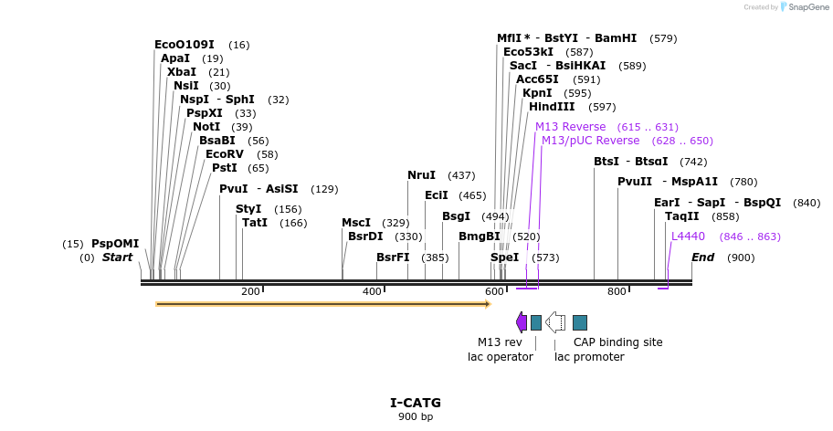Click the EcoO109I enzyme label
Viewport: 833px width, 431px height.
pyautogui.click(x=184, y=45)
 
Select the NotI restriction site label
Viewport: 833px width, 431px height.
pyautogui.click(x=206, y=127)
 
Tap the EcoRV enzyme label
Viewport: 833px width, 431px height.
pyautogui.click(x=224, y=154)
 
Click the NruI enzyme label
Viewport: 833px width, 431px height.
pyautogui.click(x=421, y=175)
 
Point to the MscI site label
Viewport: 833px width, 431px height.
pyautogui.click(x=356, y=223)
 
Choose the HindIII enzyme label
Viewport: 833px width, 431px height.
pyautogui.click(x=552, y=107)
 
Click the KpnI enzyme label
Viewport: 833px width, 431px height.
pyautogui.click(x=537, y=93)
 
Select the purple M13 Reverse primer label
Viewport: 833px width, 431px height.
pyautogui.click(x=570, y=127)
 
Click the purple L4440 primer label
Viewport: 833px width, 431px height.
pyautogui.click(x=688, y=237)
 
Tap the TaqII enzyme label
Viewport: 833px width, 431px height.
pyautogui.click(x=681, y=216)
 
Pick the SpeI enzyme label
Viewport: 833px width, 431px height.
pyautogui.click(x=504, y=258)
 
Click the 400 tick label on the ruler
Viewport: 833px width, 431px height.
pyautogui.click(x=372, y=291)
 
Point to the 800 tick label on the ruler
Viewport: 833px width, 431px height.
pyautogui.click(x=617, y=291)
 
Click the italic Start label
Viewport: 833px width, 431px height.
pyautogui.click(x=117, y=258)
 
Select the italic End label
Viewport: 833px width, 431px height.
pyautogui.click(x=702, y=258)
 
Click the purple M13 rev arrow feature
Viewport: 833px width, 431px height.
pyautogui.click(x=521, y=322)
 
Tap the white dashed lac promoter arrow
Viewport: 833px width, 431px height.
pyautogui.click(x=555, y=322)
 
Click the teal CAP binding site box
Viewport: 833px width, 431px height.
pyautogui.click(x=580, y=322)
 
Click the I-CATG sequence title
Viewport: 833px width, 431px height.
pyautogui.click(x=416, y=403)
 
